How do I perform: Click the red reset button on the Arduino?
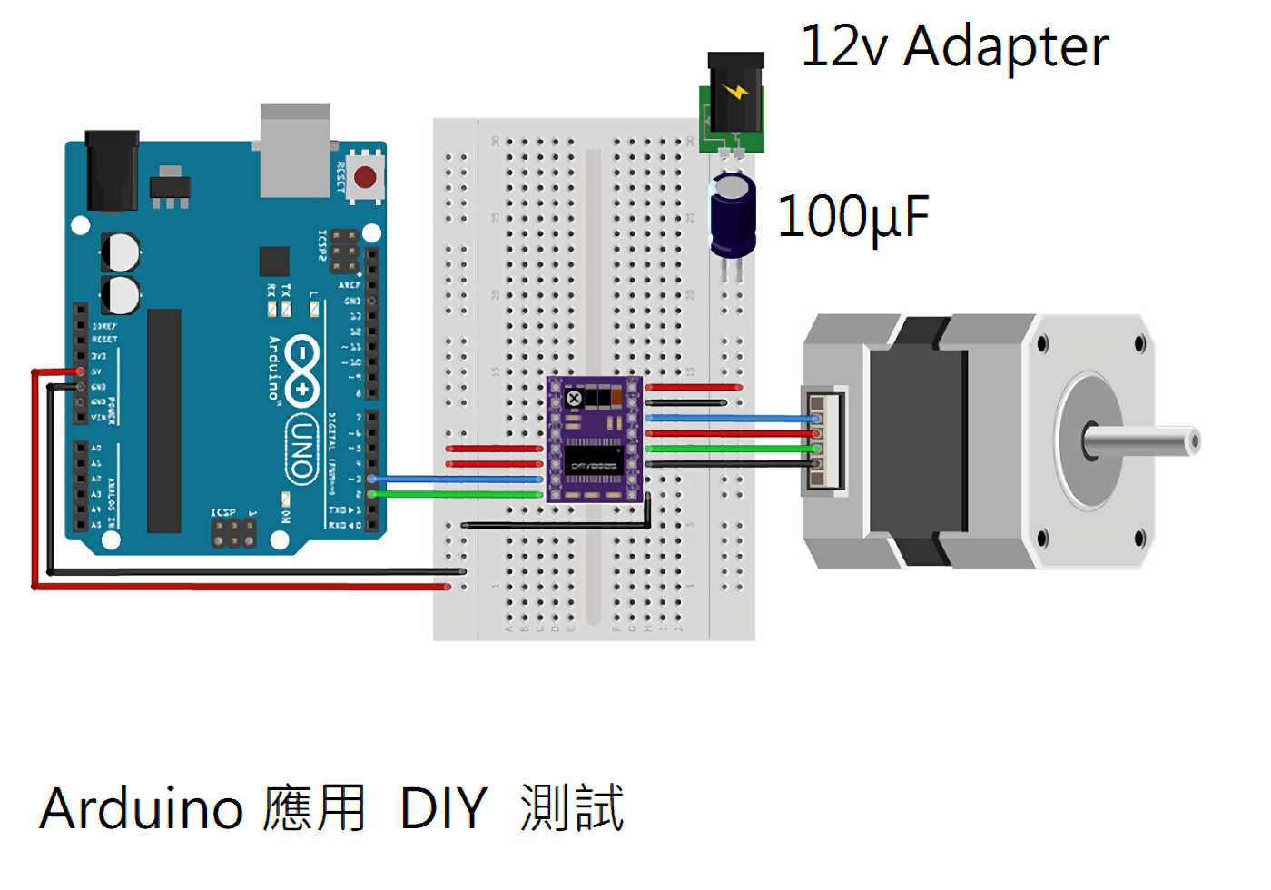[365, 176]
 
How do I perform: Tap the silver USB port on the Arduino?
[295, 150]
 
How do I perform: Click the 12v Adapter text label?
[954, 47]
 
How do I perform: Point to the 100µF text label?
[853, 218]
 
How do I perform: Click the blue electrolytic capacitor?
[733, 216]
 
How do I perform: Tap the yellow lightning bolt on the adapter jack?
[736, 92]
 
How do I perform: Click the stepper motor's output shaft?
[1144, 441]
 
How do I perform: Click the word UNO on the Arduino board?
[302, 449]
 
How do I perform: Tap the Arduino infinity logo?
[302, 370]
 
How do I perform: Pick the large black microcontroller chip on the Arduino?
[164, 420]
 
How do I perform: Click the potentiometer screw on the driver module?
[574, 399]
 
